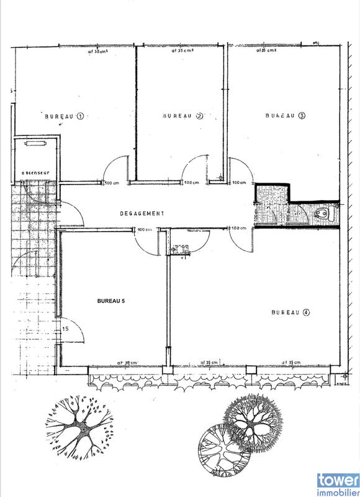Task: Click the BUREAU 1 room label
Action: click(x=64, y=116)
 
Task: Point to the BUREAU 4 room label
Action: click(x=290, y=312)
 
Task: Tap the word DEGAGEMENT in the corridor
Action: click(x=142, y=213)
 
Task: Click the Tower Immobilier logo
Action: click(x=338, y=483)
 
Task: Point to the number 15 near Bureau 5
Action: click(x=65, y=328)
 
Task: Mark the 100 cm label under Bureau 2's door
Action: click(x=192, y=183)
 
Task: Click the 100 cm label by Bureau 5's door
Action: click(x=145, y=229)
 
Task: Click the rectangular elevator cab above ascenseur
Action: click(x=35, y=144)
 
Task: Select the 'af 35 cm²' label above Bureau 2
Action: click(x=182, y=52)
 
